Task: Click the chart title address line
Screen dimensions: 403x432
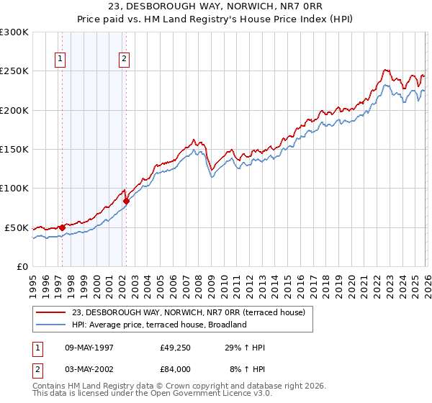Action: click(x=216, y=8)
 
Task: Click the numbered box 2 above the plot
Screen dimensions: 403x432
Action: click(x=124, y=60)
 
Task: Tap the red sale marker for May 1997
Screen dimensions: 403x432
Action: click(x=62, y=228)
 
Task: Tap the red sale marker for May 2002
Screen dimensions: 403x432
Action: click(x=126, y=201)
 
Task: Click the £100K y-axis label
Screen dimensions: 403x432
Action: click(x=14, y=188)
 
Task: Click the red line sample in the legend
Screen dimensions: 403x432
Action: click(x=51, y=312)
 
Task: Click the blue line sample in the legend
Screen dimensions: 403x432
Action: click(x=51, y=325)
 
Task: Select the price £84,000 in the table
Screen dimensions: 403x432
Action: click(x=175, y=368)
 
